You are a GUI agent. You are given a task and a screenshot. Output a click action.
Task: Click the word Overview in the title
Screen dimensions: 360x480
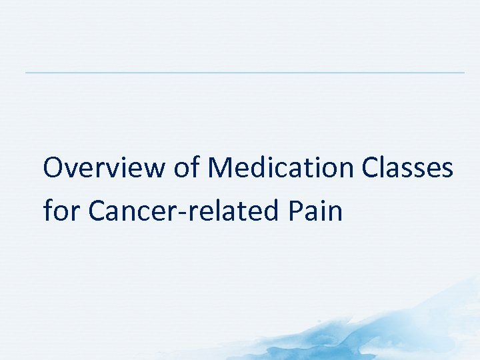pos(104,169)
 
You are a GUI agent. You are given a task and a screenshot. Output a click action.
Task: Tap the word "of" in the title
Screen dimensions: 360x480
pos(187,169)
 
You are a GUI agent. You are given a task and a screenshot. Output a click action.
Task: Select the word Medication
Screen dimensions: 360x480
pos(281,169)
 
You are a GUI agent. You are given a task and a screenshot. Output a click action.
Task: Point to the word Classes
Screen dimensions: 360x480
pos(407,169)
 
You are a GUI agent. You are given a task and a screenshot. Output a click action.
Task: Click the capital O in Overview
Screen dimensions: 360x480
pos(54,169)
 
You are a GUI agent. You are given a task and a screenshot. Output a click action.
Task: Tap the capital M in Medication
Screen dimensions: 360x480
pos(219,169)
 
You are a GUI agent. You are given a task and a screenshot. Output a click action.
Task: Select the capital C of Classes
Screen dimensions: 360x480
pos(371,169)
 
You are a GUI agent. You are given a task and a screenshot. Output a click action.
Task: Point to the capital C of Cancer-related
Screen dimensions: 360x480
pos(97,211)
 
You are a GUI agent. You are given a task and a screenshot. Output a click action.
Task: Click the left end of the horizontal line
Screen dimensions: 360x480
pos(27,72)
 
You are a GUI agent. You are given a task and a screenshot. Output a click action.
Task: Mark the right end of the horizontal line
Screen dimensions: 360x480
pos(463,72)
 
